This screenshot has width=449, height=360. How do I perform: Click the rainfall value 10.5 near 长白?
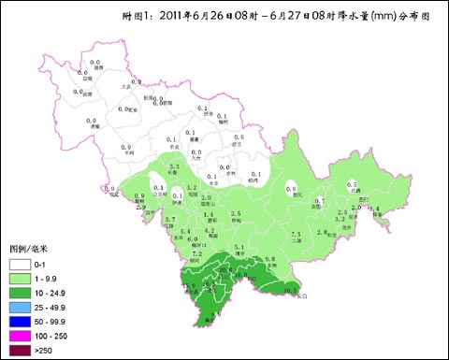pyautogui.click(x=289, y=289)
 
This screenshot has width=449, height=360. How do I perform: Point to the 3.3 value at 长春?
pyautogui.click(x=174, y=166)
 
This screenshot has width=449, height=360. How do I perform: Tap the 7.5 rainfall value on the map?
pyautogui.click(x=296, y=234)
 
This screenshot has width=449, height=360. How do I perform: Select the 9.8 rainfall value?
pyautogui.click(x=269, y=257)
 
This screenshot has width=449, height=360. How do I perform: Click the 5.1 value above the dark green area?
pyautogui.click(x=239, y=247)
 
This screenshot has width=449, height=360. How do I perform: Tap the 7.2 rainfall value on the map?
pyautogui.click(x=196, y=253)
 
